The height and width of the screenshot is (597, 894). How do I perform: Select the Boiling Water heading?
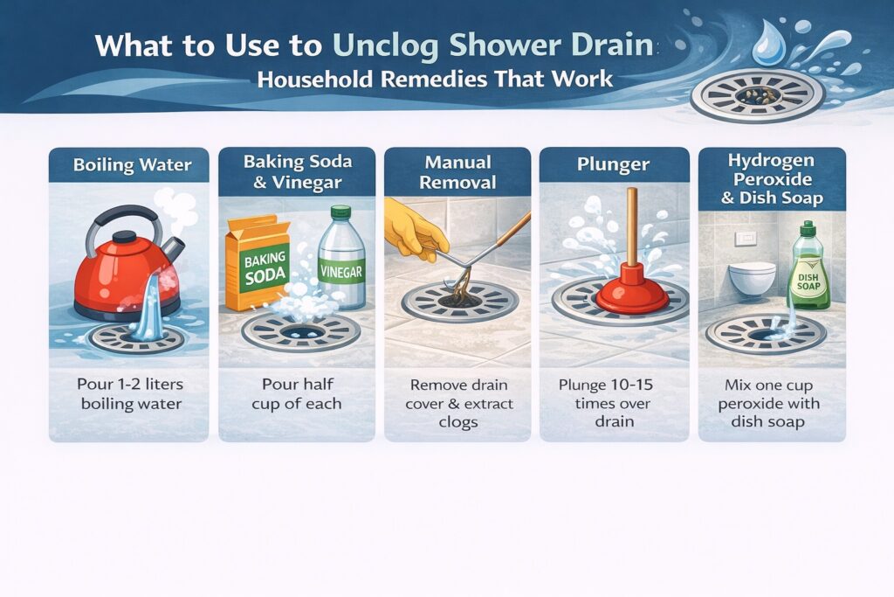click(128, 164)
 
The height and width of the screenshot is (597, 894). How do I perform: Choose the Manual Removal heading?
click(457, 172)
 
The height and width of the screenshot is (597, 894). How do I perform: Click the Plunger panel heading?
click(614, 164)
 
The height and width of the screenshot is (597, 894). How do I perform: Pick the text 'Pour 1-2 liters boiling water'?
click(128, 394)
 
